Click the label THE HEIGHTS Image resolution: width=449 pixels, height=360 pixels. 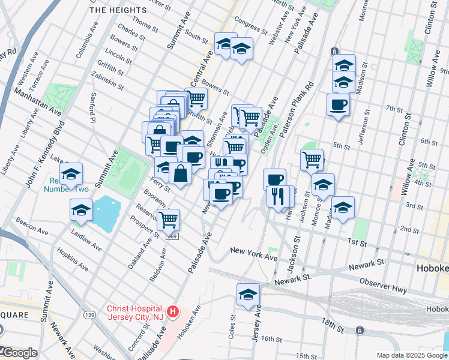click(118, 10)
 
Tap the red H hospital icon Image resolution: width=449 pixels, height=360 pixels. click(173, 312)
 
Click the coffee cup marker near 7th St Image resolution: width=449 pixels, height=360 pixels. click(338, 105)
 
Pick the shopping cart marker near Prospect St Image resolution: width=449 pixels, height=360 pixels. click(169, 220)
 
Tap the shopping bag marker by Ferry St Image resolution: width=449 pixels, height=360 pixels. click(180, 173)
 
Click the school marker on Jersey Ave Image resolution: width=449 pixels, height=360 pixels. click(248, 294)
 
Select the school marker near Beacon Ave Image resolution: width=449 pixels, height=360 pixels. click(81, 210)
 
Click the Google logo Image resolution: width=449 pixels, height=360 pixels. click(20, 353)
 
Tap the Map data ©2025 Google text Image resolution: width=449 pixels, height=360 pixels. click(411, 355)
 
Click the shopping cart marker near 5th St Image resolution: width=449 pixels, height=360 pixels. click(312, 160)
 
